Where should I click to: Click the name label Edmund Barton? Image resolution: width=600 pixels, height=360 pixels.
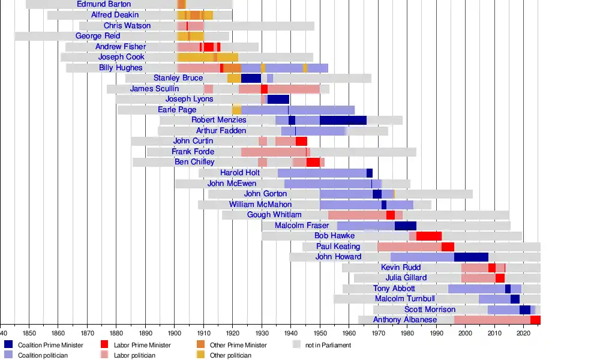pos(104,4)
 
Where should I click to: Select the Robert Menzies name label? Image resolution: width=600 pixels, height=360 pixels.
pos(219,120)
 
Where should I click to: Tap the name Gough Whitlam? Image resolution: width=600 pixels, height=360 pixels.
pos(274,215)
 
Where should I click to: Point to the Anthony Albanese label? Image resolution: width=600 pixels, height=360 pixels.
pos(405,320)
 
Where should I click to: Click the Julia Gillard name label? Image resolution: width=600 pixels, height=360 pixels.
pos(406,278)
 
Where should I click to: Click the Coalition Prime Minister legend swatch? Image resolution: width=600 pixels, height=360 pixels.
pos(8,345)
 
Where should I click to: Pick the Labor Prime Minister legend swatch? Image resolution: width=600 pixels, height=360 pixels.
pos(104,345)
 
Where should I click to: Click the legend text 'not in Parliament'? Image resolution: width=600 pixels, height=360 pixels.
pos(328,345)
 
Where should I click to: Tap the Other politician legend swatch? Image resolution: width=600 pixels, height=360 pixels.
pos(200,355)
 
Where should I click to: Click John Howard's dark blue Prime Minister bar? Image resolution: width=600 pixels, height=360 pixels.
pos(471,257)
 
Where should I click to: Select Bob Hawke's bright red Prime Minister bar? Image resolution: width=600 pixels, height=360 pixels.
pos(429,236)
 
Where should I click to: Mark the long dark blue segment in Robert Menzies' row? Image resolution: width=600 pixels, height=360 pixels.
pos(343,120)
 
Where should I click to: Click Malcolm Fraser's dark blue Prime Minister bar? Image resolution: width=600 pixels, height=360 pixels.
pos(405,226)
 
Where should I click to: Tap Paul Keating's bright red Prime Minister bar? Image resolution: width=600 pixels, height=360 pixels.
pos(448,247)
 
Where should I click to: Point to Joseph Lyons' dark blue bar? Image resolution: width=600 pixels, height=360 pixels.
pos(278,99)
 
